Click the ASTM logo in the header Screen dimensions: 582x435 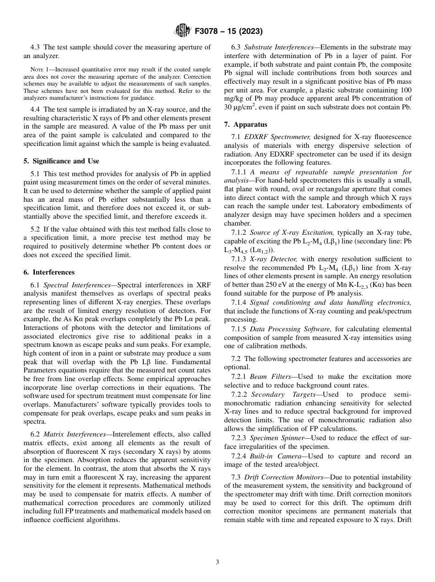click(x=183, y=31)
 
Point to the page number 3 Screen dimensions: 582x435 click(x=217, y=562)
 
